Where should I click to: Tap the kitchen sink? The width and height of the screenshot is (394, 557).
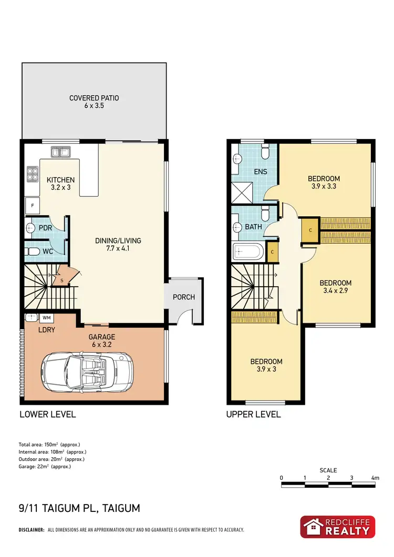point(61,152)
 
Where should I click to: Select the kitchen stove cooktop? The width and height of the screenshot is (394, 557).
point(31,174)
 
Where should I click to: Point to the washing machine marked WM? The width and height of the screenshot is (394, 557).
point(46,318)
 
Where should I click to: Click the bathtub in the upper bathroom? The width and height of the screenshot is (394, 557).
point(249,253)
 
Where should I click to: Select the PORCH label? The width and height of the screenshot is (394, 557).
point(184,297)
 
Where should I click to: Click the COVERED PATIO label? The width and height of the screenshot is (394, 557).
point(95,98)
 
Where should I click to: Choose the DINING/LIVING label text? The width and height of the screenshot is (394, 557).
point(118,241)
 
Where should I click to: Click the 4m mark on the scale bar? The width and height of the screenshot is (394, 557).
point(375,478)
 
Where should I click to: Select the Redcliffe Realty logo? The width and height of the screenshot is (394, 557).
point(337,527)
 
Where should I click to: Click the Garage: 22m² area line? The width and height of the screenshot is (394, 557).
point(45,466)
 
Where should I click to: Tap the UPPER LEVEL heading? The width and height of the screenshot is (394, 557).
point(253,414)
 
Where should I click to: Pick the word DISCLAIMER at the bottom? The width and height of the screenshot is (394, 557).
point(31,530)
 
